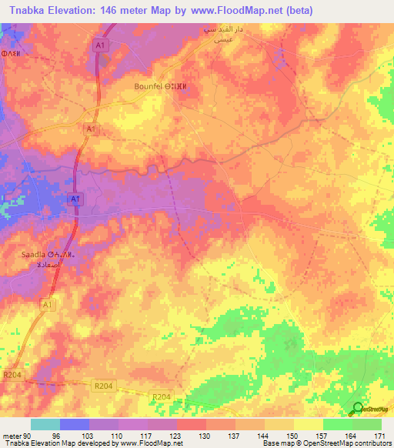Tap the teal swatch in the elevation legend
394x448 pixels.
pyautogui.click(x=45, y=424)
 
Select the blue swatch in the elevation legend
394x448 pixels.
pyautogui.click(x=75, y=424)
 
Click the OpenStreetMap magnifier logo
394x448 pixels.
pyautogui.click(x=358, y=409)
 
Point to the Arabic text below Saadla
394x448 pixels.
pyautogui.click(x=43, y=264)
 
